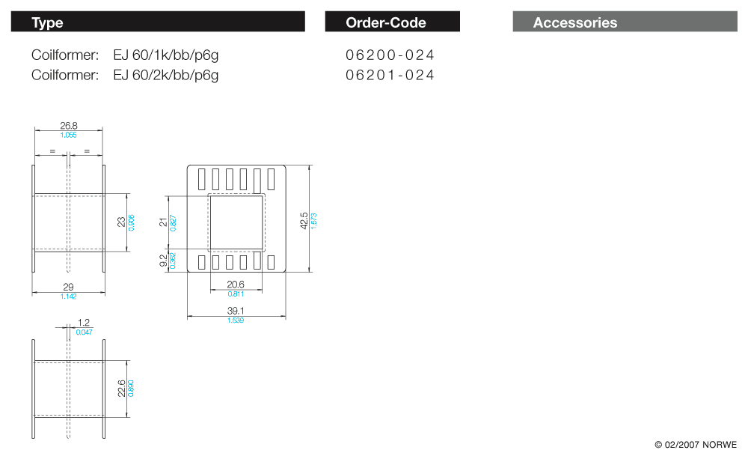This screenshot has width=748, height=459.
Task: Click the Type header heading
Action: [x=47, y=22]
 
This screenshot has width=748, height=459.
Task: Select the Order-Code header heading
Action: [x=385, y=22]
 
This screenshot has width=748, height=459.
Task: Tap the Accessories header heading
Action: [x=574, y=22]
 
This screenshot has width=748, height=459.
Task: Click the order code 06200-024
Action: [x=390, y=55]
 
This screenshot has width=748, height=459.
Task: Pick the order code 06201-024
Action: [x=390, y=75]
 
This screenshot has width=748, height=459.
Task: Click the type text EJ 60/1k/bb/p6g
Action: [x=166, y=55]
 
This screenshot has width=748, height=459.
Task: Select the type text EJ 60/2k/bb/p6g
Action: [x=166, y=75]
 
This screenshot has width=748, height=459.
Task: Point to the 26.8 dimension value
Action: [x=69, y=126]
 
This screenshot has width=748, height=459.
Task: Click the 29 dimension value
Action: [x=68, y=288]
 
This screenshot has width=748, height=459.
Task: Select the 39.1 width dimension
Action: [x=236, y=311]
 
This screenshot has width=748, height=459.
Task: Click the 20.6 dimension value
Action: [x=236, y=285]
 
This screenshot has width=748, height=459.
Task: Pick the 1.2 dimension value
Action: [x=84, y=323]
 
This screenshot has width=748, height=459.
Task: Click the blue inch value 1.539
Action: [x=236, y=320]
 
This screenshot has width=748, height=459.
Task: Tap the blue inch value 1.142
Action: [x=68, y=297]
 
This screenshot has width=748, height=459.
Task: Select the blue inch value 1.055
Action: [x=69, y=135]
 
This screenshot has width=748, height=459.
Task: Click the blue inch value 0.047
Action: [x=84, y=331]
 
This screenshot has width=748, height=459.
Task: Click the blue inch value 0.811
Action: [x=236, y=294]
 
